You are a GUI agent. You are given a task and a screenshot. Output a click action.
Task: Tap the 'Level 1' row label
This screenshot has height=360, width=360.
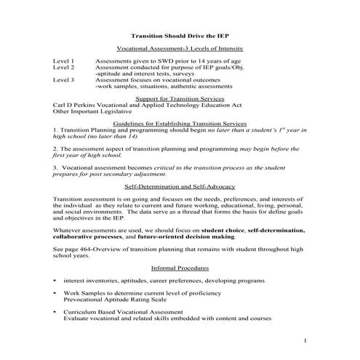point(63,61)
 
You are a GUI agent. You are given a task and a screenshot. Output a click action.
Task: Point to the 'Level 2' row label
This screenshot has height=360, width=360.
point(63,68)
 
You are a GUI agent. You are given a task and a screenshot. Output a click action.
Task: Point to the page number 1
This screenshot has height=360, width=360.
point(305,340)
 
